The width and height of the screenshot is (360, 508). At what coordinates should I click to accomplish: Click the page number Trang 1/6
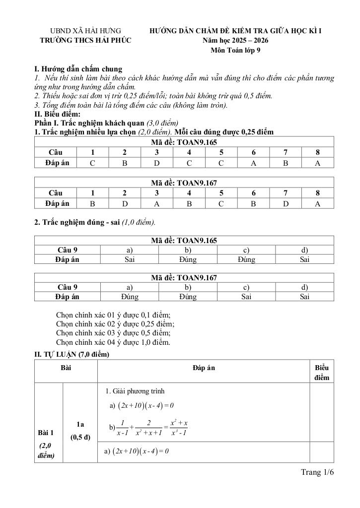click(317, 472)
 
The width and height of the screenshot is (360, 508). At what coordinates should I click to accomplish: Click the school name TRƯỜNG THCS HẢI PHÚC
click(85, 40)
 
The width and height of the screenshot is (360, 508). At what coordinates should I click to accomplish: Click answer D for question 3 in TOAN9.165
click(157, 163)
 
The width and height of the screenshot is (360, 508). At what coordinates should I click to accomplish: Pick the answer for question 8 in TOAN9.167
click(317, 203)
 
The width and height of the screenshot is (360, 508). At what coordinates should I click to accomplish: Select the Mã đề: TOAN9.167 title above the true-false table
click(184, 278)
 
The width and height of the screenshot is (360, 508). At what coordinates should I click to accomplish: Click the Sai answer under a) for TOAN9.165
click(130, 259)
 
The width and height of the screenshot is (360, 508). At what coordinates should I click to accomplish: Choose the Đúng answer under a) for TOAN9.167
click(130, 297)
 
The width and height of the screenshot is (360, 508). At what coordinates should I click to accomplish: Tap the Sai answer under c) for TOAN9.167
click(246, 297)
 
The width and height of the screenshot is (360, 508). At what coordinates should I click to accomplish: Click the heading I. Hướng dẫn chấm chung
click(78, 69)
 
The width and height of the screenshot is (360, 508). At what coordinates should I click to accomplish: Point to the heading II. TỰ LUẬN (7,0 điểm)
click(72, 355)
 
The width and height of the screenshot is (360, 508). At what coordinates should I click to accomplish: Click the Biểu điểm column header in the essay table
click(322, 373)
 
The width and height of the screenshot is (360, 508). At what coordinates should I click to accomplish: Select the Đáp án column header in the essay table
click(204, 368)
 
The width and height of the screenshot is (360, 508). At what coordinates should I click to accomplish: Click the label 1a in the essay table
click(80, 425)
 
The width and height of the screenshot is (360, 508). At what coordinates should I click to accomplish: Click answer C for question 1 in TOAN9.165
click(92, 163)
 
